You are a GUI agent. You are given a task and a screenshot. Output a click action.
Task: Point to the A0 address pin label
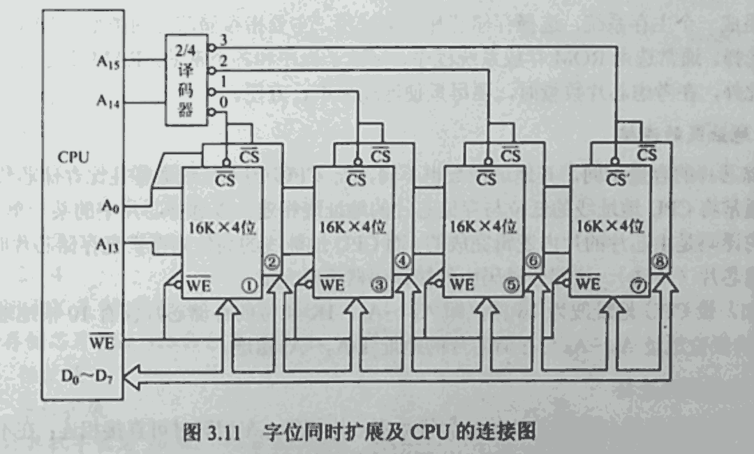click(x=110, y=206)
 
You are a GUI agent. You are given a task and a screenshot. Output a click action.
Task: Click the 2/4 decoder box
click(x=186, y=80)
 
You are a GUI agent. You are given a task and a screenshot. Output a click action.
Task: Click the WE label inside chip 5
click(x=462, y=284)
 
